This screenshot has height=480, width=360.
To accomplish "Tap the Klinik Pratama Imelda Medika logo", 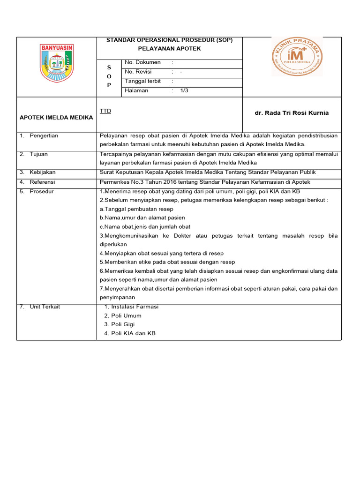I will click(x=297, y=56).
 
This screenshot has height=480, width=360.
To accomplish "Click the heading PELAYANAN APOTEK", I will click(x=170, y=49).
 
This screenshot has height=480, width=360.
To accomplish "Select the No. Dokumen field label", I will click(x=142, y=62).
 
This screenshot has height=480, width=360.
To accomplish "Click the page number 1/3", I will click(x=184, y=91).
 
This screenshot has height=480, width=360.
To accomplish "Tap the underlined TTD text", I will click(x=105, y=111).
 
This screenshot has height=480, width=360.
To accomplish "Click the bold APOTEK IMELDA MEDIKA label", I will click(x=56, y=118).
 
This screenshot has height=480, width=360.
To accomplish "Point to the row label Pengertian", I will click(x=44, y=136).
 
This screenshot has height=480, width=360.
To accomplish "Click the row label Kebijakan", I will click(x=42, y=172).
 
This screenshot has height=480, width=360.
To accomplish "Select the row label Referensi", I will click(x=42, y=182).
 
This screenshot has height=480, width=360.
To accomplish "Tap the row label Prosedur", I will click(x=41, y=191).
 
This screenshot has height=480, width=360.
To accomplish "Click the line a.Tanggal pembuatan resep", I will click(x=136, y=209).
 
